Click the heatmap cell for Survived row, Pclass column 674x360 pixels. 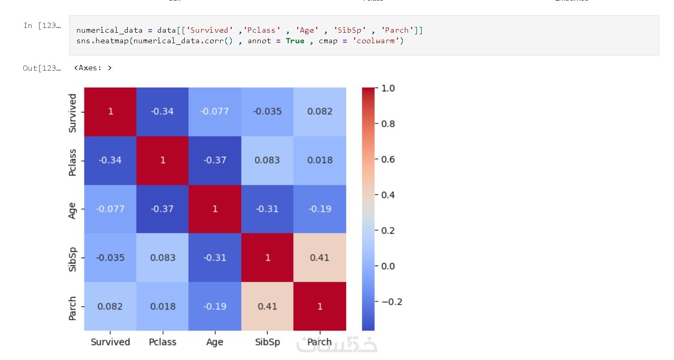click(163, 111)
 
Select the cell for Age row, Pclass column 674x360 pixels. click(163, 209)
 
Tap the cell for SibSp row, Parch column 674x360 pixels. click(320, 258)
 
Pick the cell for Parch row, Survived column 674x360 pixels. click(110, 307)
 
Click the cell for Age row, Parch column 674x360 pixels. click(320, 209)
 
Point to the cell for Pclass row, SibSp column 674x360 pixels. click(268, 160)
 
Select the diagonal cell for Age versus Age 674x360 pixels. click(215, 209)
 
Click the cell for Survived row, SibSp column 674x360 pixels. click(268, 111)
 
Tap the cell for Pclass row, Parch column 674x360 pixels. click(320, 160)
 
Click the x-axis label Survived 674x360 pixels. click(110, 342)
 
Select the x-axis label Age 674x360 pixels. click(215, 342)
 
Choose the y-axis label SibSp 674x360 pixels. click(72, 258)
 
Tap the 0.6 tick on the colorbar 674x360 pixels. click(388, 159)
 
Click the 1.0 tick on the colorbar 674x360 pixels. click(388, 88)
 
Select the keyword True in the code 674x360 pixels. click(295, 41)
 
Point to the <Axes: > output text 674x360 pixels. click(93, 68)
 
